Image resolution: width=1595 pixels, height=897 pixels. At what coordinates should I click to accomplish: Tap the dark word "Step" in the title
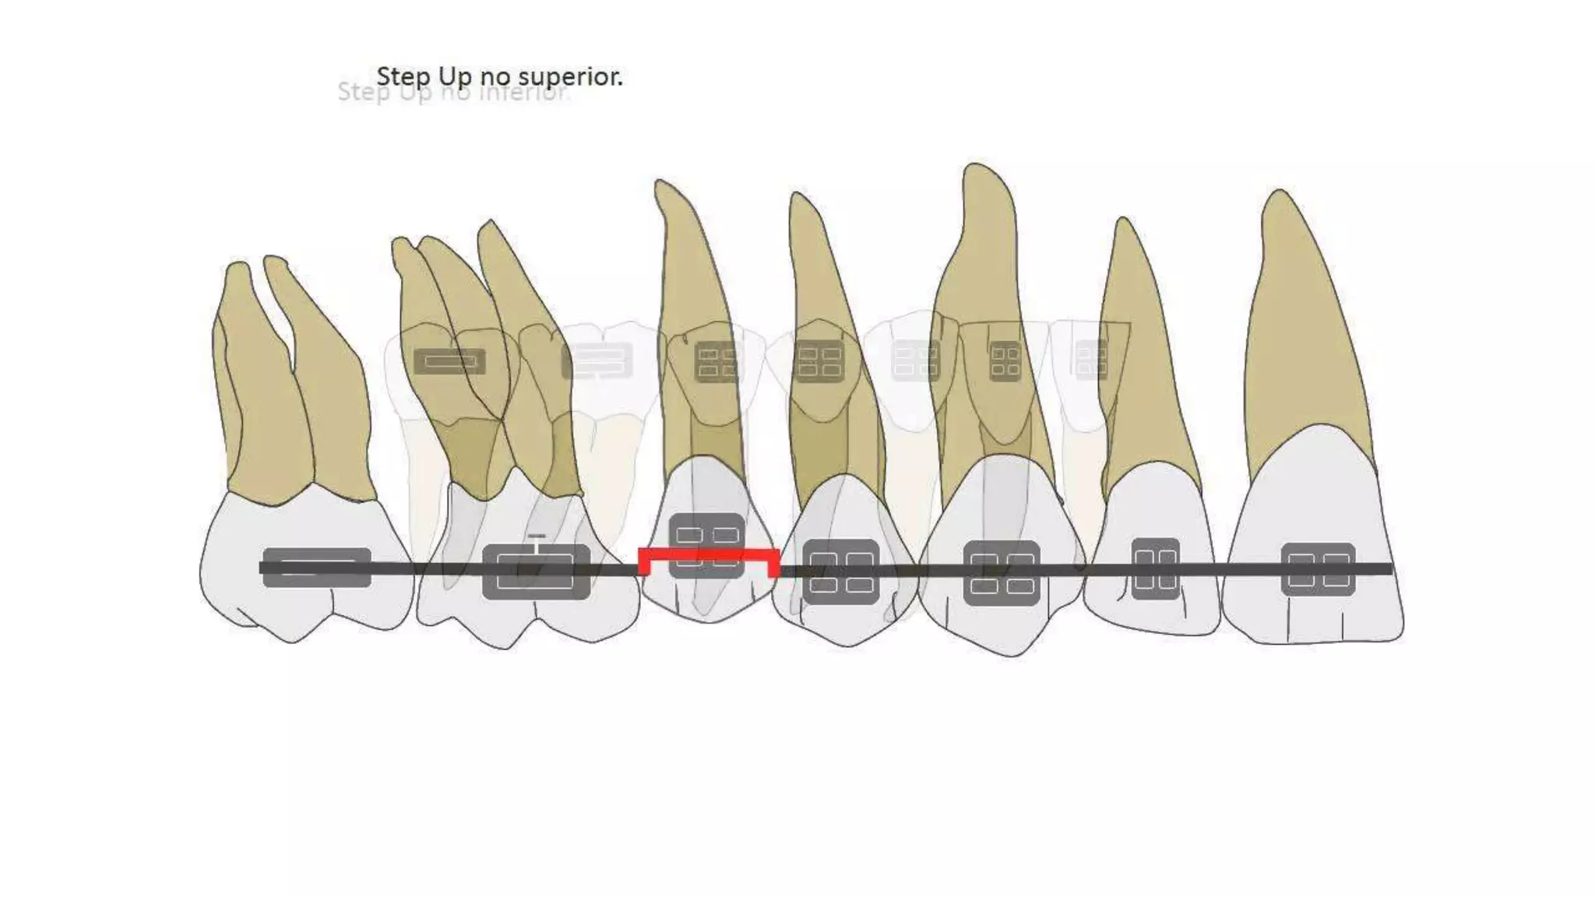pyautogui.click(x=403, y=76)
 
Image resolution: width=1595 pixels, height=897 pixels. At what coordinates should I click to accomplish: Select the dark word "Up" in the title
pyautogui.click(x=455, y=76)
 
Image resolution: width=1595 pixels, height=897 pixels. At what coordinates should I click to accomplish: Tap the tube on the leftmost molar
pyautogui.click(x=316, y=568)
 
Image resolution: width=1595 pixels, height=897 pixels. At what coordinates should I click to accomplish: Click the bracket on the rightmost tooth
pyautogui.click(x=1318, y=569)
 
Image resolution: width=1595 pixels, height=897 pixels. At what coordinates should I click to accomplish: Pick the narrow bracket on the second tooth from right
pyautogui.click(x=1155, y=568)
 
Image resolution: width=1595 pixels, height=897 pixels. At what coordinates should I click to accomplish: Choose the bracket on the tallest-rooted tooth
pyautogui.click(x=1002, y=572)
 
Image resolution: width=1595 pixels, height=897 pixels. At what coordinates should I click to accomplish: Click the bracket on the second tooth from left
pyautogui.click(x=536, y=572)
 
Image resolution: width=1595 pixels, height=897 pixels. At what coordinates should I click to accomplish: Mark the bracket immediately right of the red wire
pyautogui.click(x=841, y=572)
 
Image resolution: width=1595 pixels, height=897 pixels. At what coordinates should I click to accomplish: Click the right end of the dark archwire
pyautogui.click(x=1389, y=569)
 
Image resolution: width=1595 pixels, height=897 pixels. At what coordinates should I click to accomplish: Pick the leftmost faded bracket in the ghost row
pyautogui.click(x=449, y=361)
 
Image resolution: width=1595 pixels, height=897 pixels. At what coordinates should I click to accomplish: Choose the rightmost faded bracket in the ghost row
pyautogui.click(x=1090, y=359)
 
